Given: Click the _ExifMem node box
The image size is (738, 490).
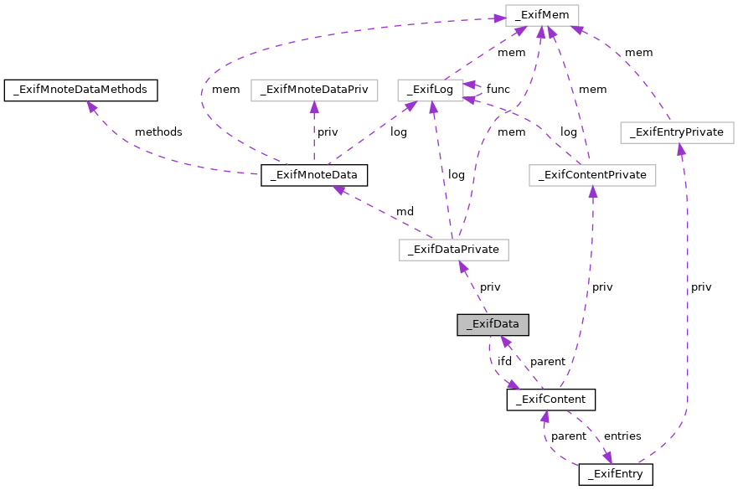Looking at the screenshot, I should (542, 14).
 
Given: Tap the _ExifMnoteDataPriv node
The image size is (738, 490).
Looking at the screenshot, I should (314, 89).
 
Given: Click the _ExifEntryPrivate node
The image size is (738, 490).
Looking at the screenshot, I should (677, 132).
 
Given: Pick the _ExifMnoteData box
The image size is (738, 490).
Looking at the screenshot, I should (314, 175).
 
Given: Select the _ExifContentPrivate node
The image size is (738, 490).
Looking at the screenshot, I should (592, 175).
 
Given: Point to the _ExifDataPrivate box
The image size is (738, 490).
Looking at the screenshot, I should (454, 250).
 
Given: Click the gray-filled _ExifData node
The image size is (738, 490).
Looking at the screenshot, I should (493, 325).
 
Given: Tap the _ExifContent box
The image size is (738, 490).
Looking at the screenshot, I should (550, 400).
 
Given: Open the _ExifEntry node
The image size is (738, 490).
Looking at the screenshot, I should (615, 475).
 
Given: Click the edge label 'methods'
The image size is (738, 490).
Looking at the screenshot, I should (158, 132).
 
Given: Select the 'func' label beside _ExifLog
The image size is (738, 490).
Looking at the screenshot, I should (498, 89).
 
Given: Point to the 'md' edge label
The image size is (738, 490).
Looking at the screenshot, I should (405, 212).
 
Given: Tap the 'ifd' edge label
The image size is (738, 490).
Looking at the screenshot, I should (504, 361).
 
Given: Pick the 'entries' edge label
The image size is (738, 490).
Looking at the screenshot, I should (622, 436).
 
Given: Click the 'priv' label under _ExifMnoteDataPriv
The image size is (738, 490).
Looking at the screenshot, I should (328, 132).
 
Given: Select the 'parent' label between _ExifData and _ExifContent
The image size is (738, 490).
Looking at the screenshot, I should (548, 362).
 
